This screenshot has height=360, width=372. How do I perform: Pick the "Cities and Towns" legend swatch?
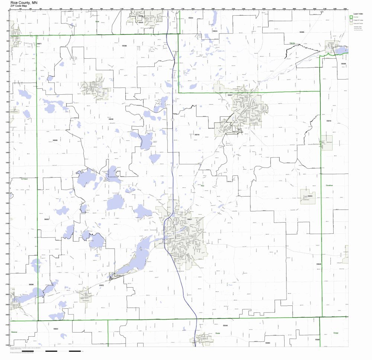coord(351,23)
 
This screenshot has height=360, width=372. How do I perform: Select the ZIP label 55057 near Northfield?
coord(230,95)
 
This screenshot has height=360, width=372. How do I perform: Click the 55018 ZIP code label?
coord(328,121)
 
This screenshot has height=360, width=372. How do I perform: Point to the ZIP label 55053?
coord(310,196)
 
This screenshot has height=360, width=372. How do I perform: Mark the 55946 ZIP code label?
coord(318,264)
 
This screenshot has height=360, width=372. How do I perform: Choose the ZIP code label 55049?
coord(225,325)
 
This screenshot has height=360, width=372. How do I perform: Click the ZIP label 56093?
coord(56,329)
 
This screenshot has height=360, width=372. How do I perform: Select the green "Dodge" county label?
coord(336,333)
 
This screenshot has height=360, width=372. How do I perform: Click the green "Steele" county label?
coord(217,333)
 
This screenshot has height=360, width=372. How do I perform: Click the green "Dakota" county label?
coord(292,43)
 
